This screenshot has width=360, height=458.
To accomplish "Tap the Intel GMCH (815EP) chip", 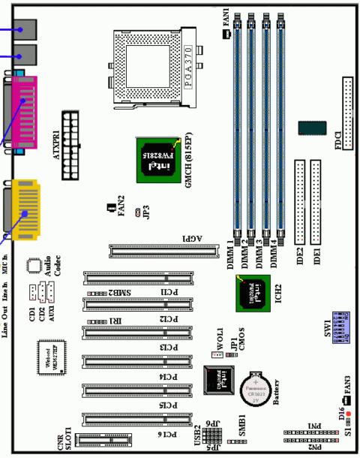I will pos(154,160).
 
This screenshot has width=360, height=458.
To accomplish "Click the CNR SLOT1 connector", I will pos(105,442).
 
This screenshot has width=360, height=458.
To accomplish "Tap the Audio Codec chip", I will pos(34,265).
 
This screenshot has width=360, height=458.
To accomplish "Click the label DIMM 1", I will pos(231,255).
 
